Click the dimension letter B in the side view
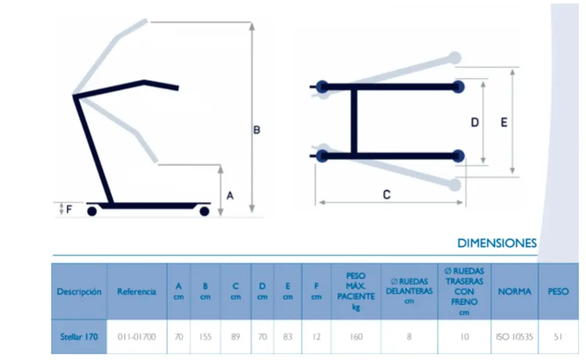click(x=257, y=130)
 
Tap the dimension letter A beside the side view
click(x=230, y=196)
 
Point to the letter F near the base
click(x=69, y=209)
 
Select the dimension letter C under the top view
click(x=387, y=195)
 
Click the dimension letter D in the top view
click(x=474, y=122)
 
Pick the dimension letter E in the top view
click(x=504, y=122)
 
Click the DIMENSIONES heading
click(x=497, y=243)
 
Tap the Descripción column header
click(x=79, y=291)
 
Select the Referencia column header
click(x=136, y=291)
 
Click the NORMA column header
click(x=514, y=291)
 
